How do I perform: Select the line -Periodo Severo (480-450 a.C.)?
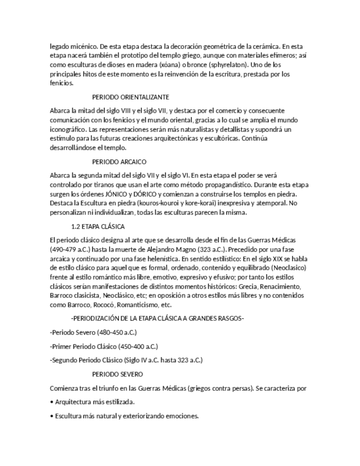point(93,332)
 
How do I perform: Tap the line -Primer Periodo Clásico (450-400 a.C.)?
point(103,346)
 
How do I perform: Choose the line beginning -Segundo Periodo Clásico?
point(126,360)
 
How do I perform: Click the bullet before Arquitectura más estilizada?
point(51,402)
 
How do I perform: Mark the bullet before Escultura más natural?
point(51,416)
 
